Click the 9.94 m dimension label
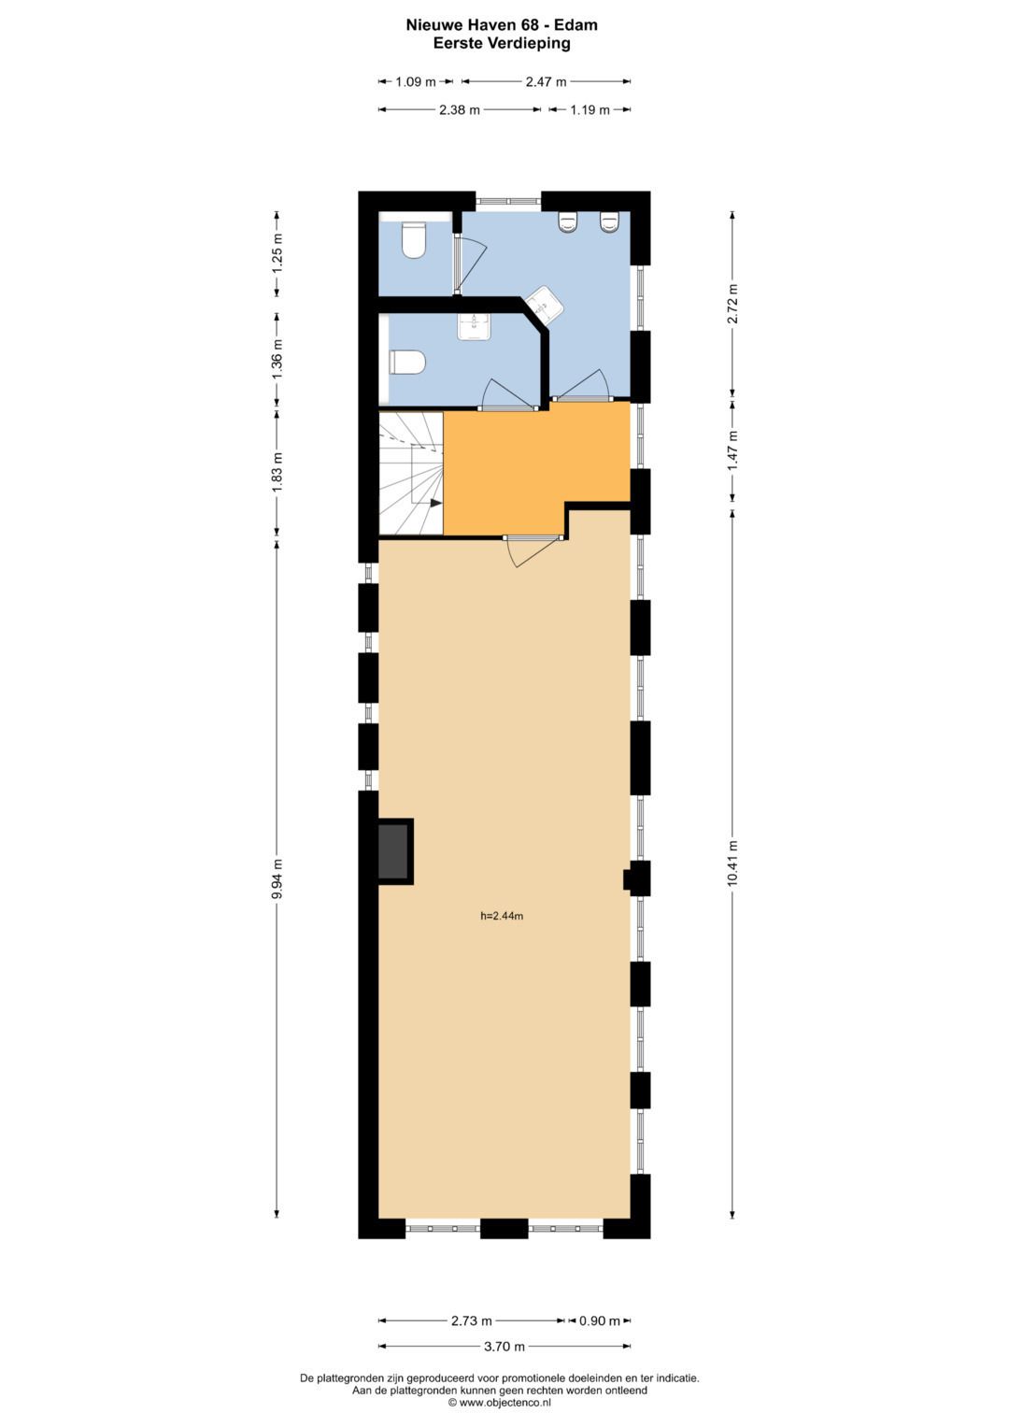click(x=277, y=878)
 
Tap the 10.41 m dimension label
click(x=733, y=863)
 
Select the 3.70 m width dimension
click(x=504, y=1347)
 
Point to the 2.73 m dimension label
click(x=471, y=1320)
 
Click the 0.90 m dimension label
click(x=599, y=1320)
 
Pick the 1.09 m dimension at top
click(x=416, y=81)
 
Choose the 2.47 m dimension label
click(x=546, y=81)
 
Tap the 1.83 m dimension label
click(x=277, y=473)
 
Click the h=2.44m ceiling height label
click(x=502, y=916)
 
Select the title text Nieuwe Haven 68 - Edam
click(x=502, y=25)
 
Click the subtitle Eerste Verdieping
click(x=502, y=43)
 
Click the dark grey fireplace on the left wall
click(x=393, y=851)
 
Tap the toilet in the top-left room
click(x=413, y=239)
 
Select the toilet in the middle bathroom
click(x=407, y=362)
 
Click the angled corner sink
click(x=543, y=305)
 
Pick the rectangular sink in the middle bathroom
click(x=474, y=325)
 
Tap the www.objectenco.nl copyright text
click(x=500, y=1403)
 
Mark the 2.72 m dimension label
click(x=733, y=304)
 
